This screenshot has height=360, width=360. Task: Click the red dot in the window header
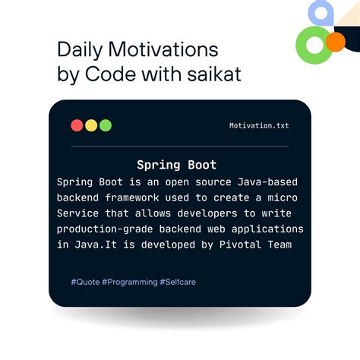(77, 125)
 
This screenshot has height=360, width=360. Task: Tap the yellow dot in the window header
(91, 125)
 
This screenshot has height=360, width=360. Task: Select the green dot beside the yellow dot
(106, 125)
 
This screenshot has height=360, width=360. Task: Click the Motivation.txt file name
(259, 126)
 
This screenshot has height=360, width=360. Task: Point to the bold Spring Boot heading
(176, 165)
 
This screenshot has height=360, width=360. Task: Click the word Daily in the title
(81, 51)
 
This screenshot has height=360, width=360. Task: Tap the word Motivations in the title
(163, 51)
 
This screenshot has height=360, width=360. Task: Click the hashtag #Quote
(88, 282)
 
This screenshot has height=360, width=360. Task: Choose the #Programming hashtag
(132, 282)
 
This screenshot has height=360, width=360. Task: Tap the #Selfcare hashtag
(178, 282)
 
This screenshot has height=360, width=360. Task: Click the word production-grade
(106, 229)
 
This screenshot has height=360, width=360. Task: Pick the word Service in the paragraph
(78, 213)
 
